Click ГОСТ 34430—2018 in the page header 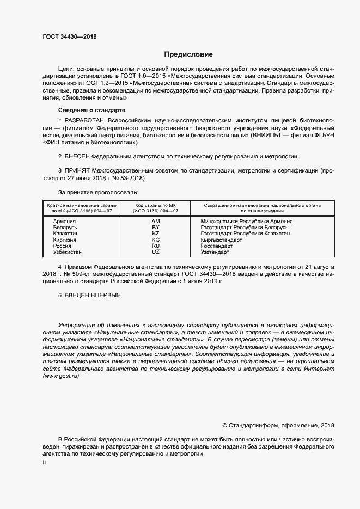coord(66,36)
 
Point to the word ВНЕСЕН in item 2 coord(82,156)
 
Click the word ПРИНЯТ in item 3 coord(80,170)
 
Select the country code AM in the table coord(156,222)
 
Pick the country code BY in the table coord(156,228)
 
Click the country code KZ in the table coord(156,234)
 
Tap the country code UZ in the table coord(156,252)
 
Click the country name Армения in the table coord(64,222)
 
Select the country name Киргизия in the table coord(65,240)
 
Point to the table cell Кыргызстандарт coord(221,240)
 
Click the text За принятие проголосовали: coord(98,192)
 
